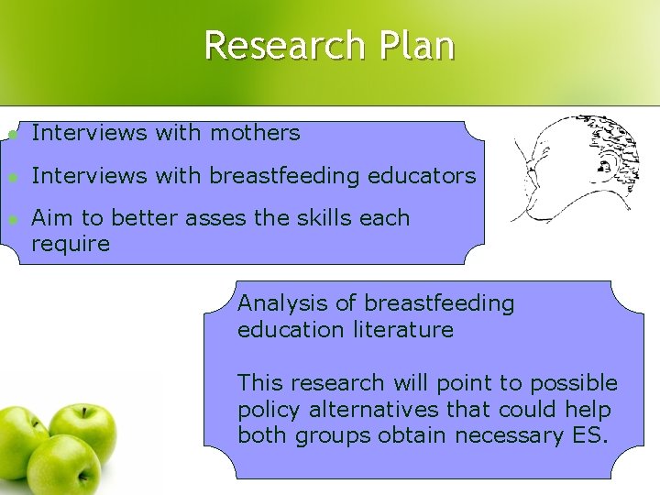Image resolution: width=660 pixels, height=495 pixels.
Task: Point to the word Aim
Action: coord(49,218)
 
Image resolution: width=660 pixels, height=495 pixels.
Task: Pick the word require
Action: coord(70,244)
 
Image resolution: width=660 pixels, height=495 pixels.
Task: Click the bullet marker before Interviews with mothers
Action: coord(11,134)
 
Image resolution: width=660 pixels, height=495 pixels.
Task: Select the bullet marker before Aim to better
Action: coord(11,219)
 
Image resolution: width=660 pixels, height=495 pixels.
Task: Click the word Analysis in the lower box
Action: coord(278,303)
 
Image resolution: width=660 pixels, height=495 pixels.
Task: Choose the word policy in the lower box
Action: coord(264,409)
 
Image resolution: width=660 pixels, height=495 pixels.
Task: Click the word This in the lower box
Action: coord(258,382)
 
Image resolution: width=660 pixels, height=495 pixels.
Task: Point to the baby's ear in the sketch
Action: coord(603,167)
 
